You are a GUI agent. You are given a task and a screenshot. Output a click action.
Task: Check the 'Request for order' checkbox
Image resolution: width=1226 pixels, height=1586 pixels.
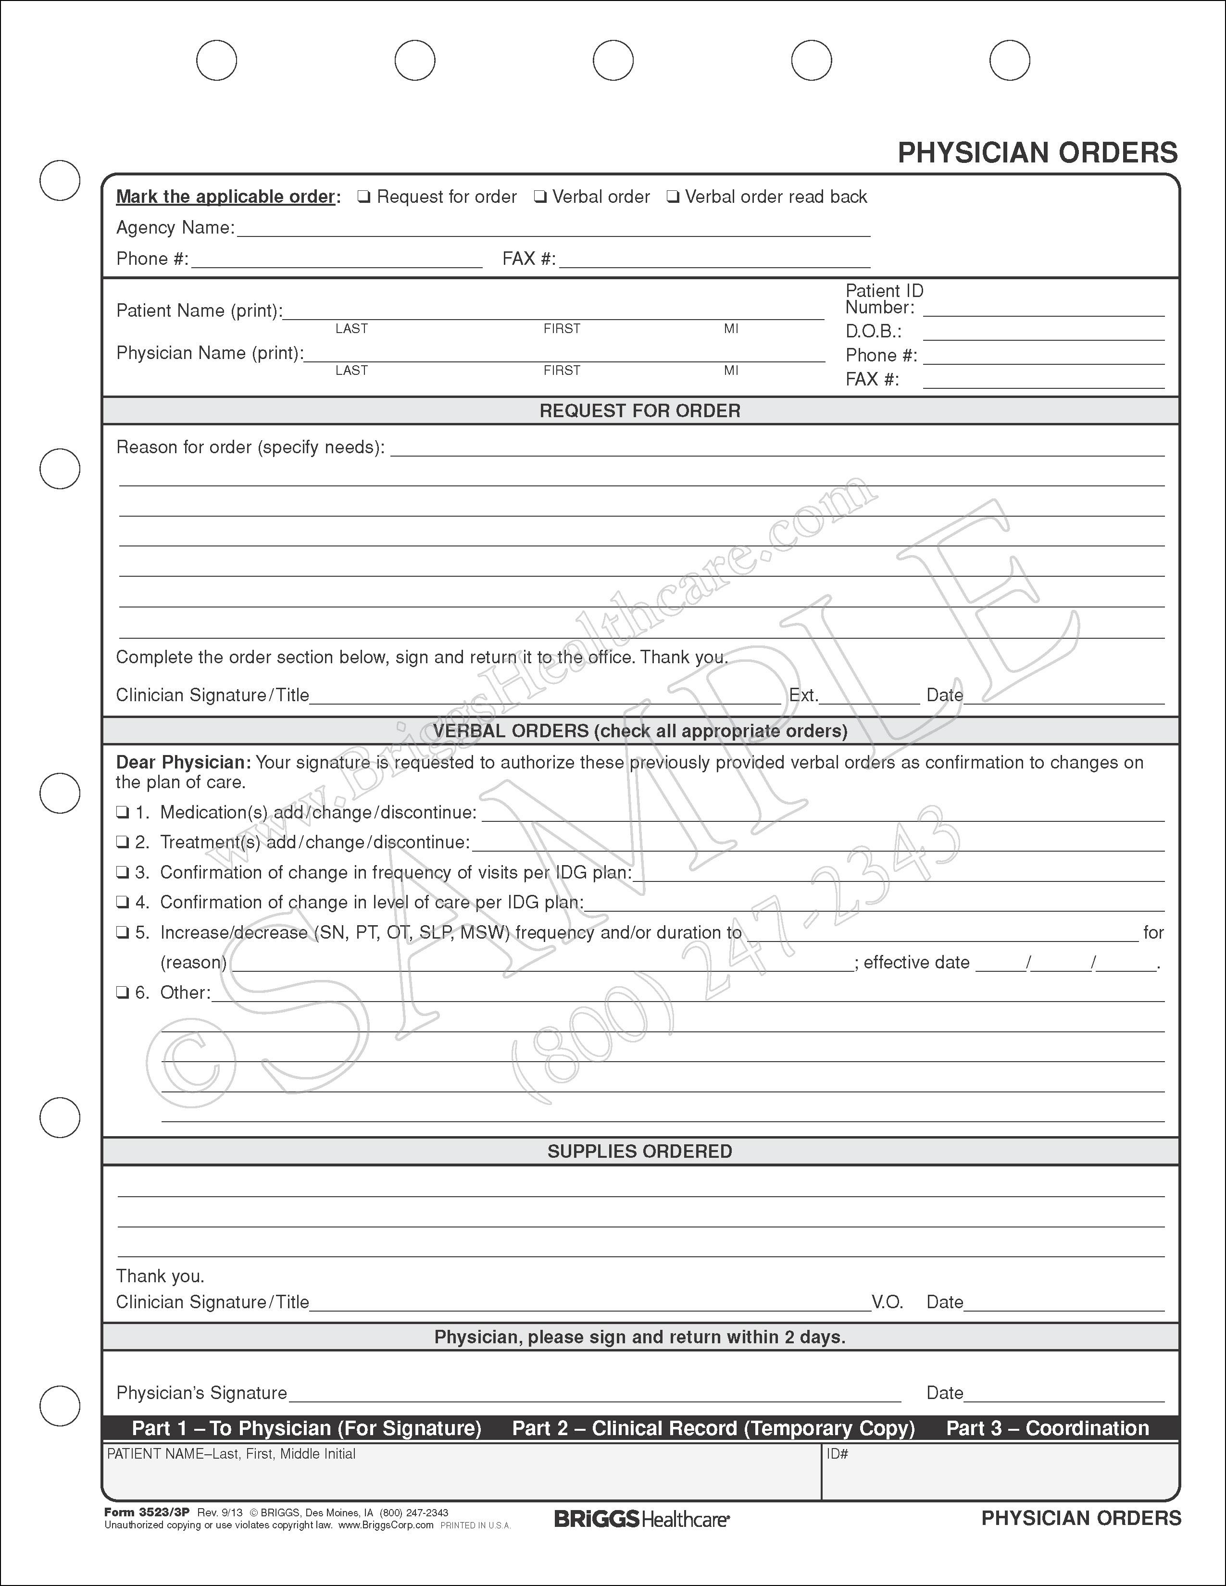[364, 197]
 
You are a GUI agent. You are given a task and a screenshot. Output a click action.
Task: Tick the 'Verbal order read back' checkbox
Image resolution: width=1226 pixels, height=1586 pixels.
[673, 197]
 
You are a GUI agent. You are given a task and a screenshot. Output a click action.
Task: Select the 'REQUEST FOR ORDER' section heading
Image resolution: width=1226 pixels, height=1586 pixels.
[640, 411]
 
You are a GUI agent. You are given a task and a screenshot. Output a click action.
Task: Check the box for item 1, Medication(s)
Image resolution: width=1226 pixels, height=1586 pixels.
[123, 813]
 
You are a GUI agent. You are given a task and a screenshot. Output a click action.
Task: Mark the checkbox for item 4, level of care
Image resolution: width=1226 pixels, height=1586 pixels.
[123, 903]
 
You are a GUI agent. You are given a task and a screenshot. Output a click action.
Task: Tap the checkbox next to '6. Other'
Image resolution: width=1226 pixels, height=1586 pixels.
[123, 993]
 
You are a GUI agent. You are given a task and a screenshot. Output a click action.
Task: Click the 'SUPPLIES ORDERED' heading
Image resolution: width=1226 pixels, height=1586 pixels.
[640, 1152]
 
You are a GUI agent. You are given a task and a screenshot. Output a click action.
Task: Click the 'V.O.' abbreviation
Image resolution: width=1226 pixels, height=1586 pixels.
[888, 1302]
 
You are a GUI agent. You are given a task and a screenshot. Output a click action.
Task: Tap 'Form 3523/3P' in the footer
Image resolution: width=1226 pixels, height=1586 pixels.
[147, 1512]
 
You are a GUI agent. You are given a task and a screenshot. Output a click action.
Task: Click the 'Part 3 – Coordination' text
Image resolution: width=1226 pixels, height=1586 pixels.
[1047, 1428]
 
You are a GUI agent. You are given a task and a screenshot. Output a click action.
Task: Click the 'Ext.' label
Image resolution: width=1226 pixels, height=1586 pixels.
[803, 696]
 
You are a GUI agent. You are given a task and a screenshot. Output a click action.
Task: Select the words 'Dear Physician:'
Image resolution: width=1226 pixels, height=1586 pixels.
[183, 763]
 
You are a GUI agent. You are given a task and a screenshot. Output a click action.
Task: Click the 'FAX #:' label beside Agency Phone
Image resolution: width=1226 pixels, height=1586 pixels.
[529, 259]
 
